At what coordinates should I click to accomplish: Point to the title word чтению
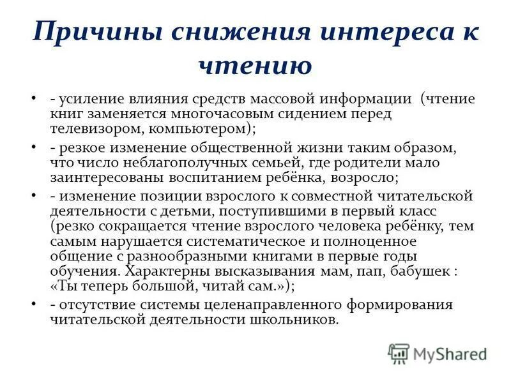[255, 64]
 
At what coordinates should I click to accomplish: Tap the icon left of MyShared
[399, 353]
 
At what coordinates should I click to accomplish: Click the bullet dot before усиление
[34, 100]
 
